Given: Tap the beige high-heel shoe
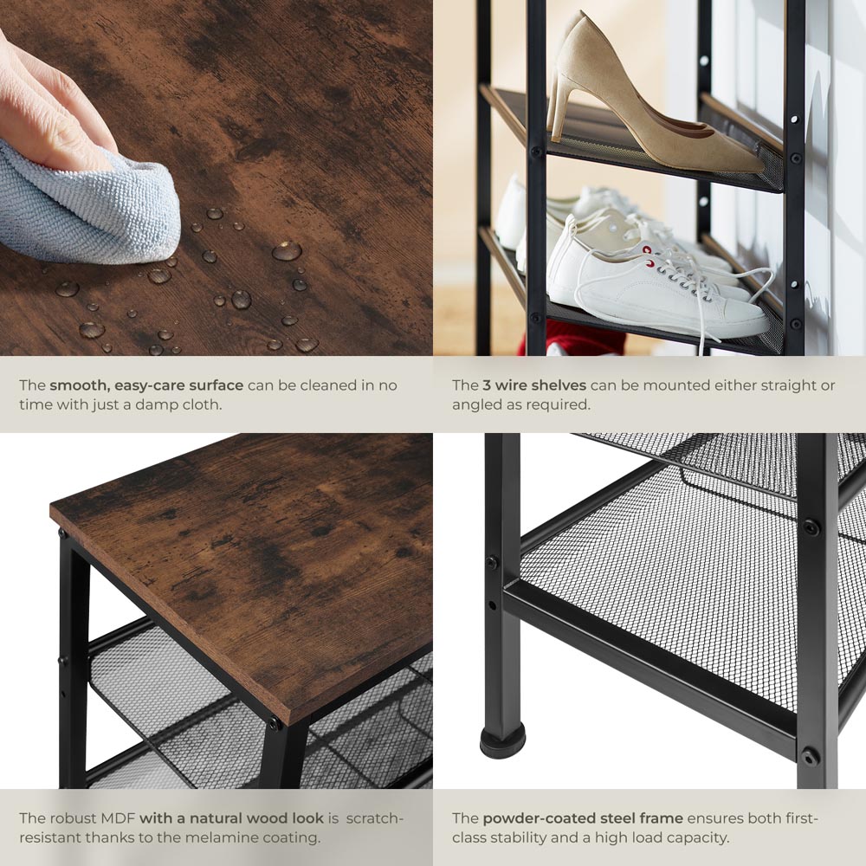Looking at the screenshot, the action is (x=646, y=105).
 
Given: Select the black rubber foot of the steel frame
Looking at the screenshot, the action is (x=502, y=741).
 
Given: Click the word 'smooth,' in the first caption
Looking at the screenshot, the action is (x=80, y=385).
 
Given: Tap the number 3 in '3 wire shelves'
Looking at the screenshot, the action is (x=487, y=385).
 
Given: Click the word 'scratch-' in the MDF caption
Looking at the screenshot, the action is (x=375, y=818).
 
